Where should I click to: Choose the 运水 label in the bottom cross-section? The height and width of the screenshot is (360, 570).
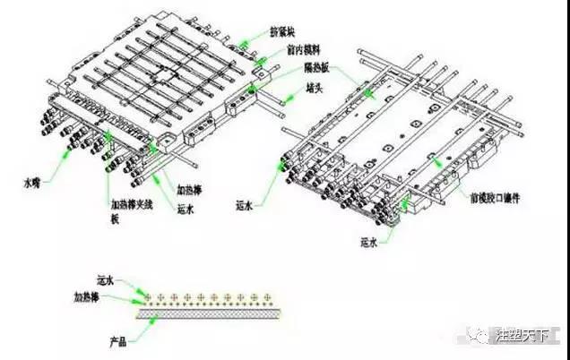(106, 281)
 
